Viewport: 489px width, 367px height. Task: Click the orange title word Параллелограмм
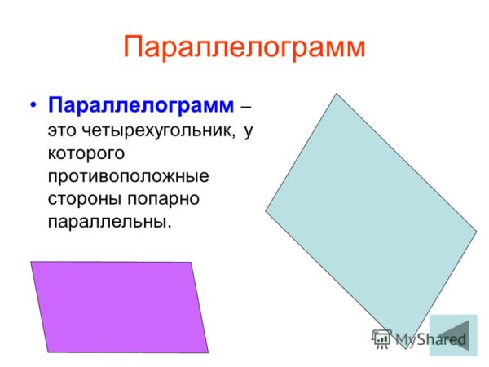pos(244,46)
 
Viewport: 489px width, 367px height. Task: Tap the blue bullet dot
pos(33,108)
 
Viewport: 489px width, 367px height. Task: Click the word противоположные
pos(128,176)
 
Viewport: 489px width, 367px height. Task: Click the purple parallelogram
pos(119,306)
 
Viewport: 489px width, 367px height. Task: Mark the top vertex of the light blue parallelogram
pos(337,94)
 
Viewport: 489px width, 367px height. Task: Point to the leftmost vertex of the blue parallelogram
pos(266,211)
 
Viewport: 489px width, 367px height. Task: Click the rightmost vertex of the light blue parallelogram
pos(477,232)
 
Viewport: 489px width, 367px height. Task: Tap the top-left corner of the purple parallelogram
pos(31,262)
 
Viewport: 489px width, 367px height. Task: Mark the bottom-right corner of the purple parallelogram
pos(209,352)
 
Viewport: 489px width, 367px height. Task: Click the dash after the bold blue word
pos(246,108)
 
